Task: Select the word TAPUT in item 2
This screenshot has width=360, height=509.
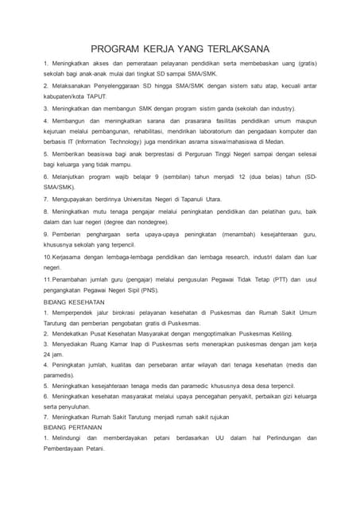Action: click(95, 95)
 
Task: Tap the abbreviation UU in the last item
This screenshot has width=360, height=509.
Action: click(220, 438)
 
